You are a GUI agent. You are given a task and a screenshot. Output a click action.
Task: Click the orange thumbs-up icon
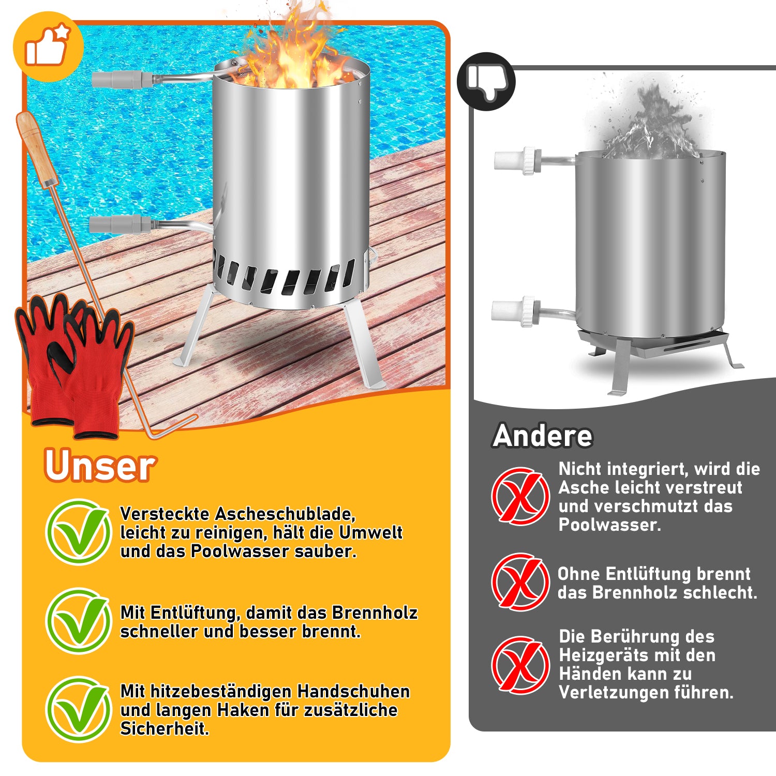pos(48,47)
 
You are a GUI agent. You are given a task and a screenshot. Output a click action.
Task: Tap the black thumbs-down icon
pos(486,81)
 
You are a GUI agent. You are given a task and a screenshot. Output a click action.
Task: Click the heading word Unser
pos(100,466)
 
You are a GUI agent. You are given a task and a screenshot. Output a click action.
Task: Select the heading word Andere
pos(543,436)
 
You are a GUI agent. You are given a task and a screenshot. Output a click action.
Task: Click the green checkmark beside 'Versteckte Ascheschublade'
pos(79,532)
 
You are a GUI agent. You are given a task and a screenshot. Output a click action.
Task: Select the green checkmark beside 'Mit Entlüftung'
pos(79,621)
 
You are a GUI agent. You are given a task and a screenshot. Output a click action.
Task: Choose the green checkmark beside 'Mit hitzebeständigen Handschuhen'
pos(79,709)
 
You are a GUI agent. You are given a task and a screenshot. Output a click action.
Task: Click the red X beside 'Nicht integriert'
pos(520,496)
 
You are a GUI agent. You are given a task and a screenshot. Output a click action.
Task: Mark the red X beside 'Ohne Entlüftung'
pos(520,581)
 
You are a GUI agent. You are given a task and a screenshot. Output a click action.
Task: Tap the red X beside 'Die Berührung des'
pos(520,665)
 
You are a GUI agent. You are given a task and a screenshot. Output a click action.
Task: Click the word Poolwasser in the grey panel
pos(608,525)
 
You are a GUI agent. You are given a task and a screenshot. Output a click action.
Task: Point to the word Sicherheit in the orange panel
pos(163,728)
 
